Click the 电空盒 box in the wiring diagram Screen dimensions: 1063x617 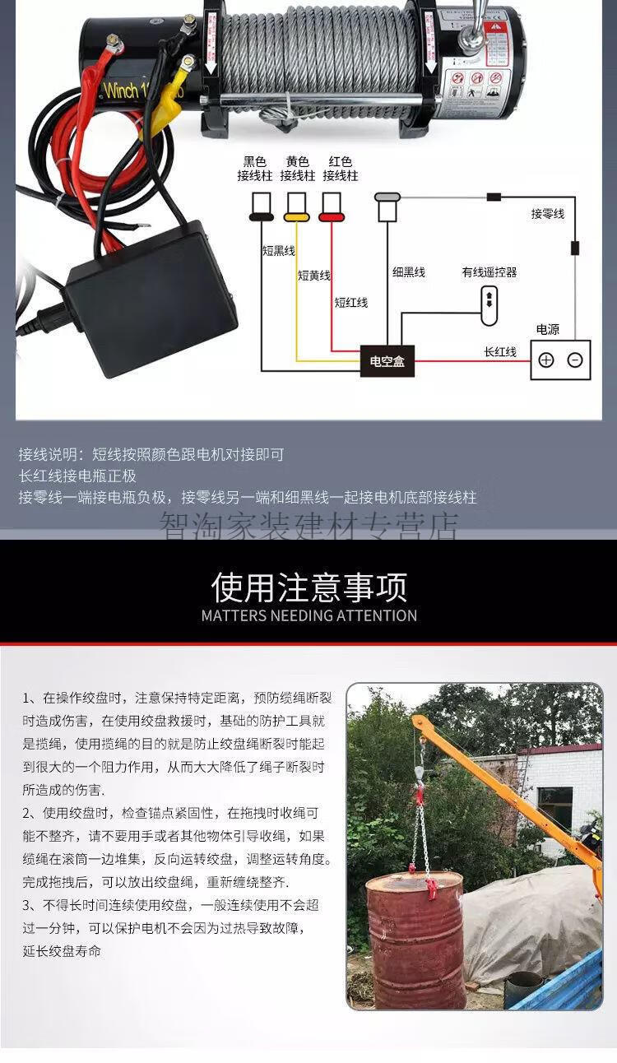[387, 360]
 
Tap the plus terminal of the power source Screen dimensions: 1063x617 [546, 360]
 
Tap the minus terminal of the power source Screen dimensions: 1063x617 [575, 360]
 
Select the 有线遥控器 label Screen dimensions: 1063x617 [489, 272]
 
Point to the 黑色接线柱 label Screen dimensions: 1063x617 [254, 169]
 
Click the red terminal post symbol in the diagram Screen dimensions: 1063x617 [332, 207]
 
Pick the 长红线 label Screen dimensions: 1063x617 [500, 352]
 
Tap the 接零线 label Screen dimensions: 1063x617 [547, 214]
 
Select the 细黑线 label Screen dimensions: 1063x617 [408, 272]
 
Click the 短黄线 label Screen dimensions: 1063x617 [313, 276]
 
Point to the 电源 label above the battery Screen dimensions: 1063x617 [547, 329]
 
